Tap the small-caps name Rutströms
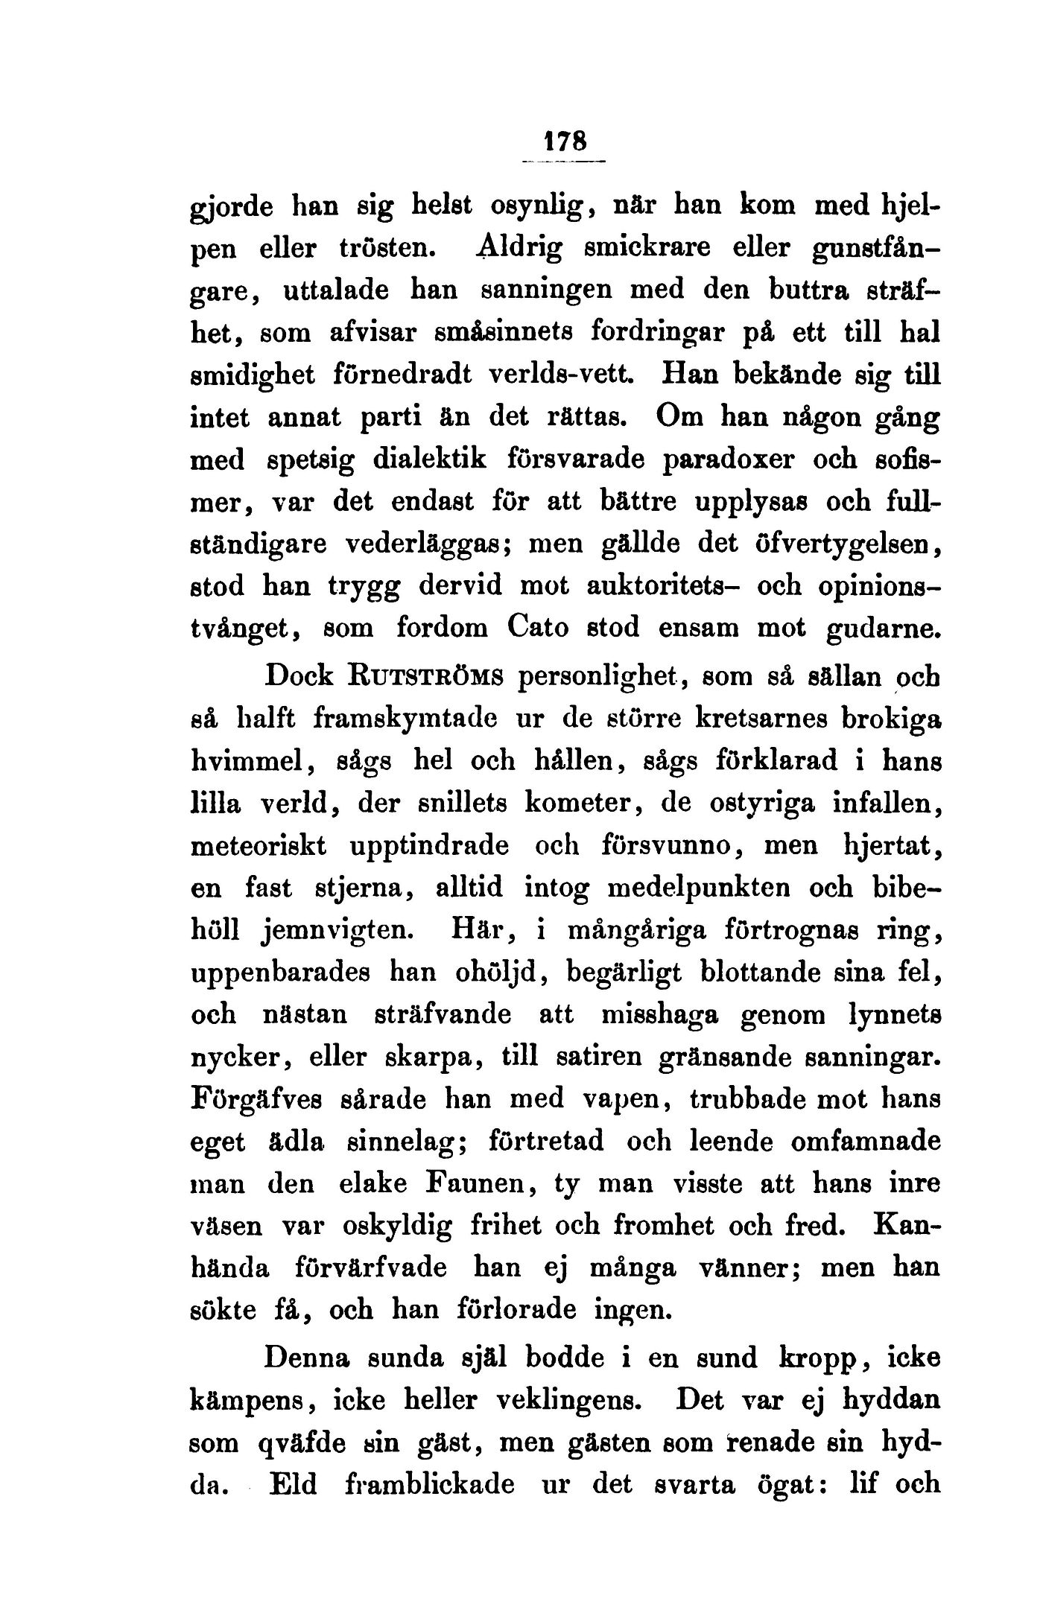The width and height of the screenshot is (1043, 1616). coord(428,677)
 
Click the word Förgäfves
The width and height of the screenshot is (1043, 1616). coord(255,1099)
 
